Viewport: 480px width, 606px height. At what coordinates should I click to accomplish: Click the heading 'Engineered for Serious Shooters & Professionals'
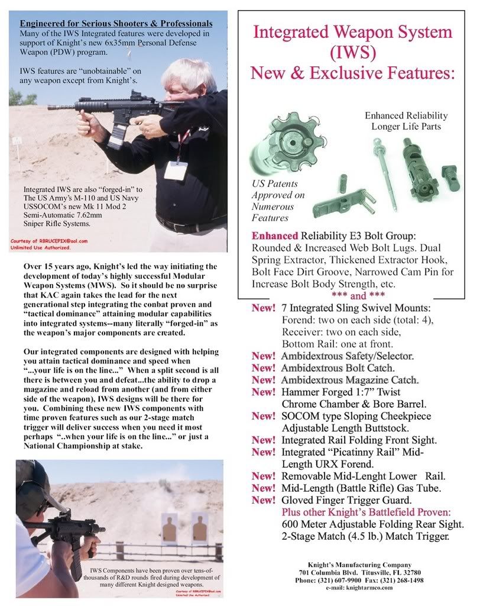click(x=116, y=24)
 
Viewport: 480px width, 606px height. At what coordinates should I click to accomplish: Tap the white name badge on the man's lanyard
click(x=176, y=170)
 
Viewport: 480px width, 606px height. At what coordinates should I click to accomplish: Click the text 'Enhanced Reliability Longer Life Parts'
click(x=406, y=121)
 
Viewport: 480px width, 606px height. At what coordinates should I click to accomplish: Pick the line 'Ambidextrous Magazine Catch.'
click(x=350, y=380)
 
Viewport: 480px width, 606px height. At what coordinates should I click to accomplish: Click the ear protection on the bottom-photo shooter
click(x=30, y=491)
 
